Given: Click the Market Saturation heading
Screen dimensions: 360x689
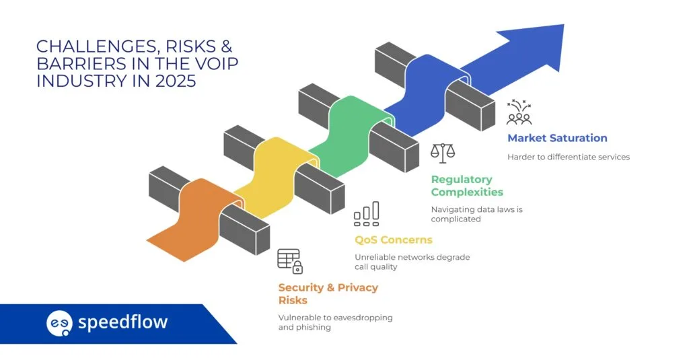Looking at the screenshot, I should click(557, 138).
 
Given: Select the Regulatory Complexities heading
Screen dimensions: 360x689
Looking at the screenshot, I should click(467, 186).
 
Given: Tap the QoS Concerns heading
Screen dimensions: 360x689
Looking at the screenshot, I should click(393, 240).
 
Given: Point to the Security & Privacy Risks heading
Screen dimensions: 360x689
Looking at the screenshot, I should click(328, 293).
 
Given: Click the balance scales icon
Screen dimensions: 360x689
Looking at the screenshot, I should click(442, 153).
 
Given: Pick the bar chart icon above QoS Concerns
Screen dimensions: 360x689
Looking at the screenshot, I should click(367, 214).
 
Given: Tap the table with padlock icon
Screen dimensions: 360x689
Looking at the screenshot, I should click(290, 261).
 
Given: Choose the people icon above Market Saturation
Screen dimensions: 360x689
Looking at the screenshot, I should click(519, 113).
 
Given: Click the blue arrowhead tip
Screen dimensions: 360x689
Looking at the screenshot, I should click(558, 30).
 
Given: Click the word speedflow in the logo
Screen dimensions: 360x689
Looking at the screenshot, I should click(122, 322).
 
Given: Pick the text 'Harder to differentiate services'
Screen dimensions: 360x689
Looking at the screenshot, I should click(569, 157).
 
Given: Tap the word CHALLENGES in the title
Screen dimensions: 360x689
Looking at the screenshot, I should click(83, 46).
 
